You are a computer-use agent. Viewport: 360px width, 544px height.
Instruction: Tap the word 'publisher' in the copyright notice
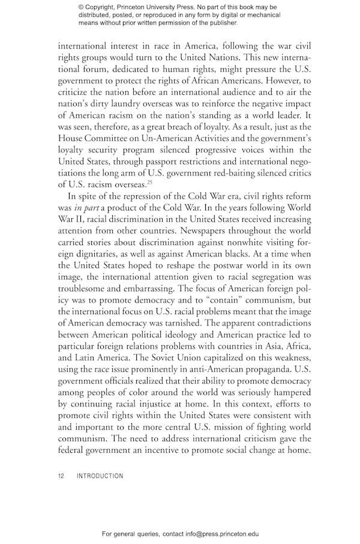pyautogui.click(x=220, y=23)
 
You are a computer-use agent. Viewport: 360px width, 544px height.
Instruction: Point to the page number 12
pyautogui.click(x=61, y=476)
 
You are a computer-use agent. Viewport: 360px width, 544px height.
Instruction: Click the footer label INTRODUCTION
pyautogui.click(x=100, y=476)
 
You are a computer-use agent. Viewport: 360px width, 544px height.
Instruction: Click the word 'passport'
pyautogui.click(x=172, y=159)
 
